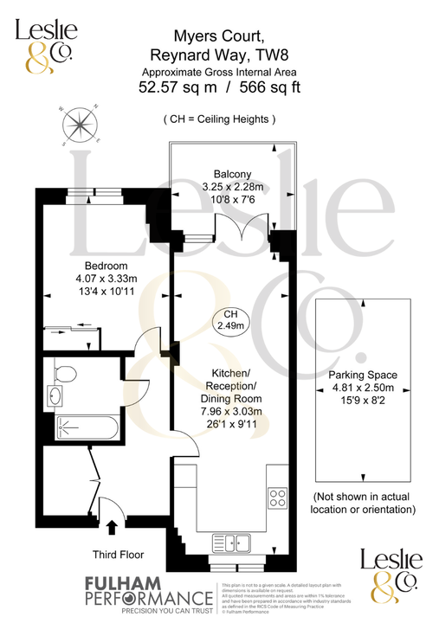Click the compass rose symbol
(x=79, y=125)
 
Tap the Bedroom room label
(x=106, y=265)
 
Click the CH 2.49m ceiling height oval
(x=230, y=320)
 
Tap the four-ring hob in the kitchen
(x=279, y=498)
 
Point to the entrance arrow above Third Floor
(x=111, y=524)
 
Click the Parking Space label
(x=362, y=375)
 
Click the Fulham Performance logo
(x=148, y=594)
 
